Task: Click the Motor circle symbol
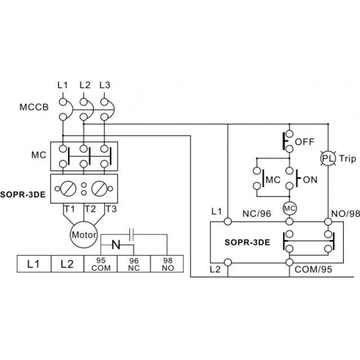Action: coord(84,235)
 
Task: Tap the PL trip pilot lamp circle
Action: coord(328,159)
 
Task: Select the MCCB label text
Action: coord(34,107)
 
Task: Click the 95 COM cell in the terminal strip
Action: coord(101,264)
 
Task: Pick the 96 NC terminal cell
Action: coord(134,264)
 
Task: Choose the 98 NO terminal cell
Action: coord(167,264)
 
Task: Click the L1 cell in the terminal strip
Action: coord(34,264)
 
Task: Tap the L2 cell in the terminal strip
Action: coord(67,264)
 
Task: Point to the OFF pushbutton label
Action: coord(304,142)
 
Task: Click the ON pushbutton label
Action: coord(310,179)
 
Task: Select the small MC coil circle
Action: coord(290,208)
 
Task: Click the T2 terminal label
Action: coord(90,209)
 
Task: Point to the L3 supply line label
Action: coord(105,85)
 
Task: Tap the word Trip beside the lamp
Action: coord(348,159)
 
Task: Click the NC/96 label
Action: coord(256,214)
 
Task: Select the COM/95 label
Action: coord(313,269)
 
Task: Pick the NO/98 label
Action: coord(345,214)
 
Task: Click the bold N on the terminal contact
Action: coord(116,245)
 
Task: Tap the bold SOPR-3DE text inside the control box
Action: coord(247,242)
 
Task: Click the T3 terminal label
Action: coord(111,209)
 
